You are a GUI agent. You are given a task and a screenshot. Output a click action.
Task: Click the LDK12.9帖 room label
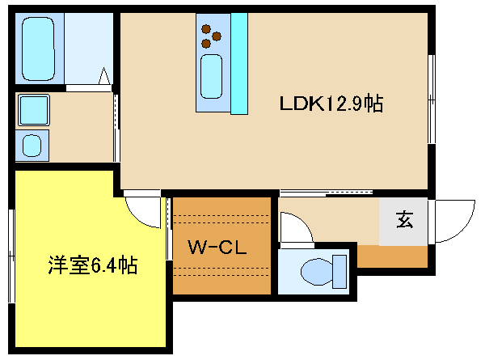[331, 103]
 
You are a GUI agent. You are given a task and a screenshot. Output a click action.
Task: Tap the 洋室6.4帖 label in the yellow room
[93, 265]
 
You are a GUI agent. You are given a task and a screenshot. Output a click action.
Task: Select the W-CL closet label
[217, 248]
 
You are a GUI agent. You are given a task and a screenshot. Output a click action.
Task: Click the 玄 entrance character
[405, 219]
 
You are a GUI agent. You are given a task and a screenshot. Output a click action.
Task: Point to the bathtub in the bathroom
[38, 49]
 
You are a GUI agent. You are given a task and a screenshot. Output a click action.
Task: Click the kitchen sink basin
[211, 77]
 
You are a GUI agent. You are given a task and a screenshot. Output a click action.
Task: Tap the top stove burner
[206, 29]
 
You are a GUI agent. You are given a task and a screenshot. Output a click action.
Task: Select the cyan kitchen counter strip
[239, 63]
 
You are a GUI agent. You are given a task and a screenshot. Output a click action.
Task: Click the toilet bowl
[316, 272]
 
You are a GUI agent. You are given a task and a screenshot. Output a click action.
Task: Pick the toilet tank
[339, 272]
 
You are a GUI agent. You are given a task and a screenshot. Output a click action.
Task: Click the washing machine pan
[34, 110]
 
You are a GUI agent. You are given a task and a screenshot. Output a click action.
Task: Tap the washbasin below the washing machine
[32, 146]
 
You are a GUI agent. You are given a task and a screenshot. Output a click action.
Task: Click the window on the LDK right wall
[432, 99]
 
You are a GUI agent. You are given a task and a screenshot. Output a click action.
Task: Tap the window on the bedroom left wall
[11, 256]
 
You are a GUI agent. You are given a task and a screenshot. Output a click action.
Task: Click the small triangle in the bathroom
[104, 76]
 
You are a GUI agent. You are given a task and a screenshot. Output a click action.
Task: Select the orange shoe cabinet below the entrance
[393, 256]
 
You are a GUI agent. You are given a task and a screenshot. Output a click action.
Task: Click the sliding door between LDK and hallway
[327, 193]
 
